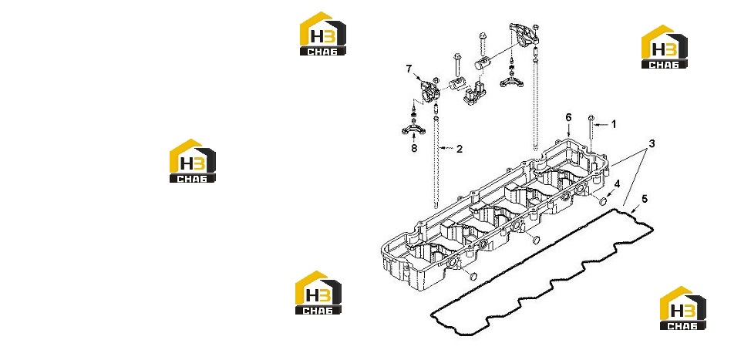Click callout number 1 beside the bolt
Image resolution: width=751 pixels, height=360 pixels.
coord(614,124)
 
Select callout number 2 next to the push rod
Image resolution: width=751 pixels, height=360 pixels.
coord(460,149)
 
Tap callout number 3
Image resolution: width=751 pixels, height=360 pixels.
coord(652,143)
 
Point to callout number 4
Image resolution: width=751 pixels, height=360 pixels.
coord(618,183)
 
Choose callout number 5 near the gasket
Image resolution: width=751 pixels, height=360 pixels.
coord(645,198)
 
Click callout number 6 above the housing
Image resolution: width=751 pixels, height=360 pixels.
coord(568,117)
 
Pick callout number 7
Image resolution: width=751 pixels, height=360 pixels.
coord(409,69)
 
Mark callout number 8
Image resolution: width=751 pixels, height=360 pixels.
coord(414,149)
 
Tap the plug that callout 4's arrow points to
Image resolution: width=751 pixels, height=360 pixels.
coord(604,200)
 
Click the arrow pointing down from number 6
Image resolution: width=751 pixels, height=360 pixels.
coord(568,130)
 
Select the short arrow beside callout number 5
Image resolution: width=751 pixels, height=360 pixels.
coord(635,207)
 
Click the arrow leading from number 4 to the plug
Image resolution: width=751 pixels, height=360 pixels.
coord(610,193)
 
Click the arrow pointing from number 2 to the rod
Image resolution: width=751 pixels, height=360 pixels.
coord(446,149)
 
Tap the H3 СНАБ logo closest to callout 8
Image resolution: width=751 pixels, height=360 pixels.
coord(193,161)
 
